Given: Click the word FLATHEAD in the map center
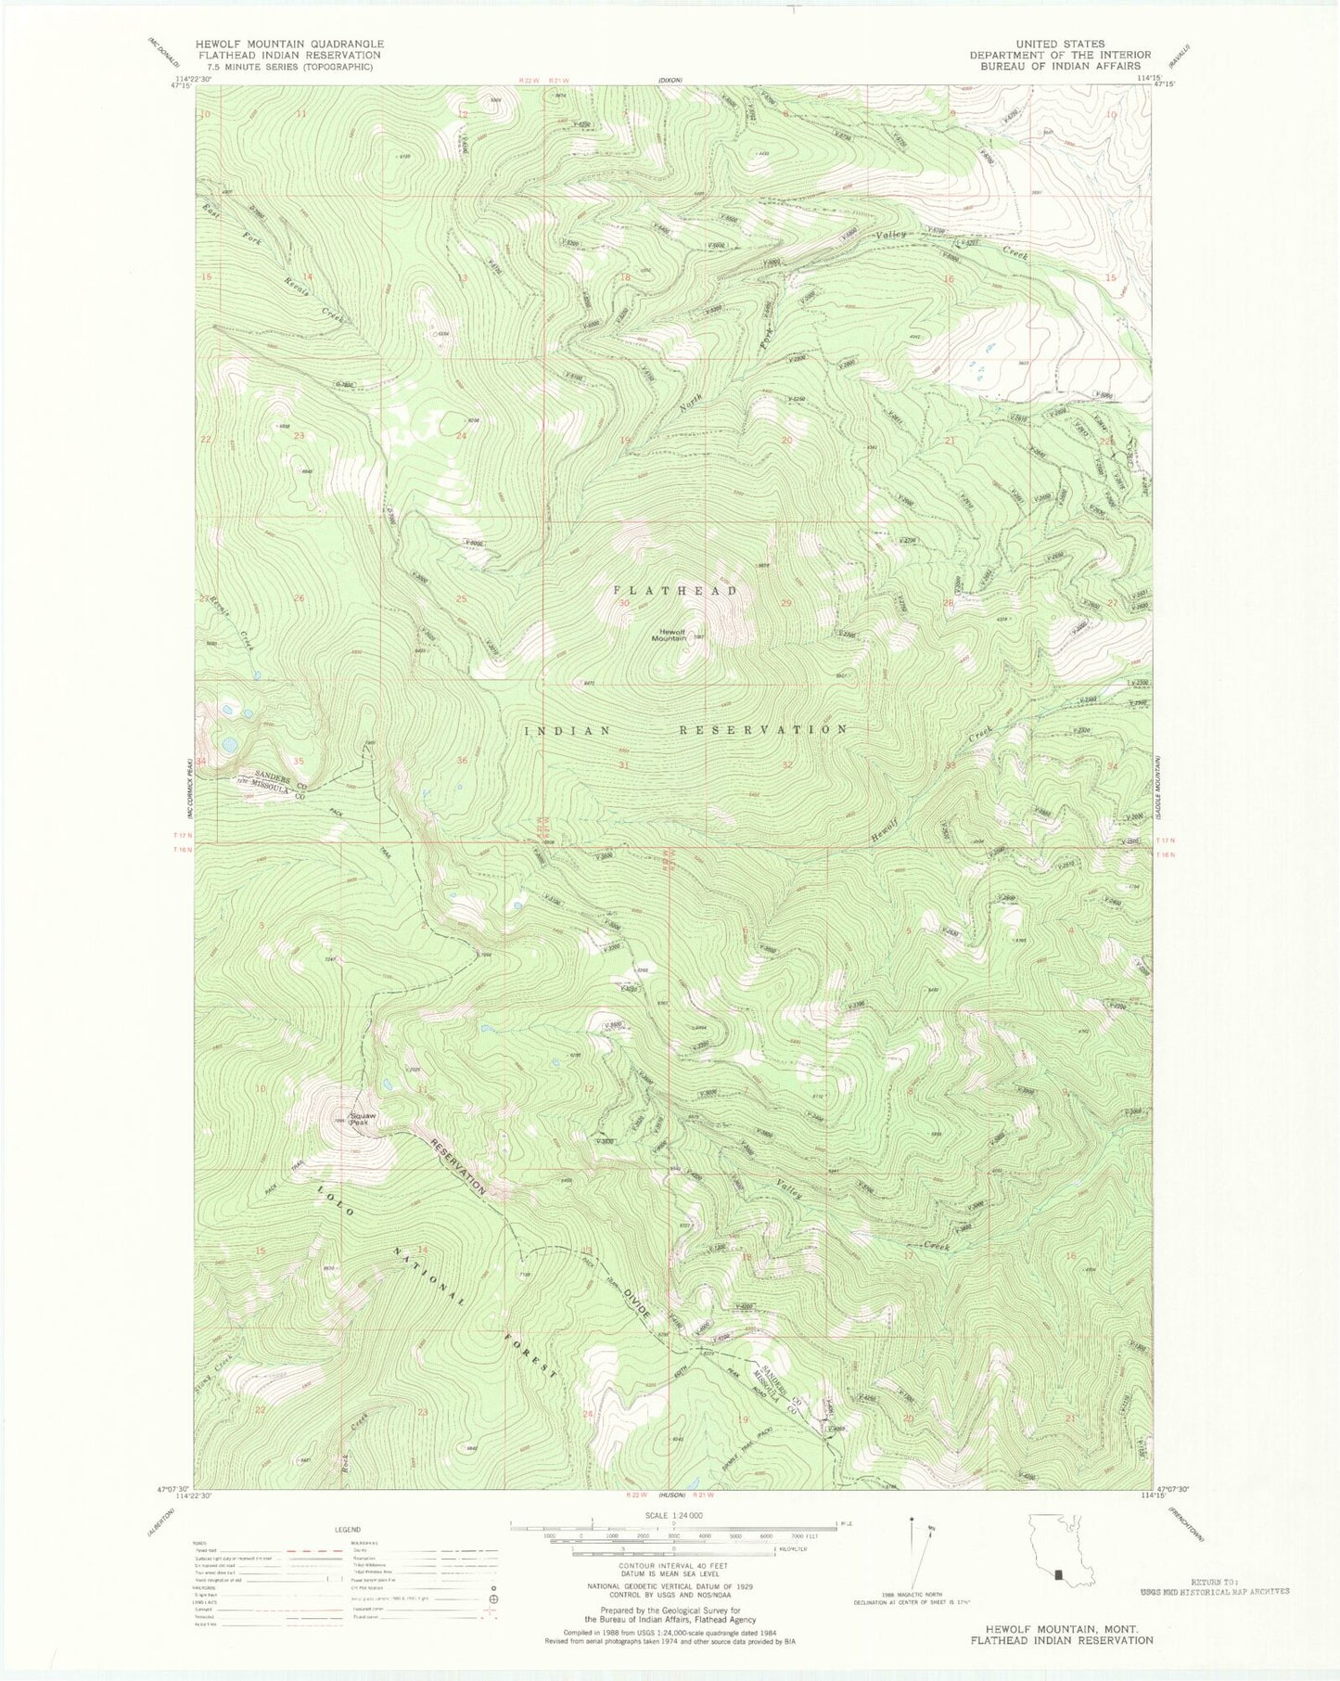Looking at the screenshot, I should (x=674, y=590).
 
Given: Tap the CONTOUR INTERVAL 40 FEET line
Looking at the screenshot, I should (x=673, y=1564).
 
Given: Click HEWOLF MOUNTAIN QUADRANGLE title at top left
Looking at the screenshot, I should (x=288, y=44).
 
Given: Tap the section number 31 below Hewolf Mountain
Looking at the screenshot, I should (x=624, y=765).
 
